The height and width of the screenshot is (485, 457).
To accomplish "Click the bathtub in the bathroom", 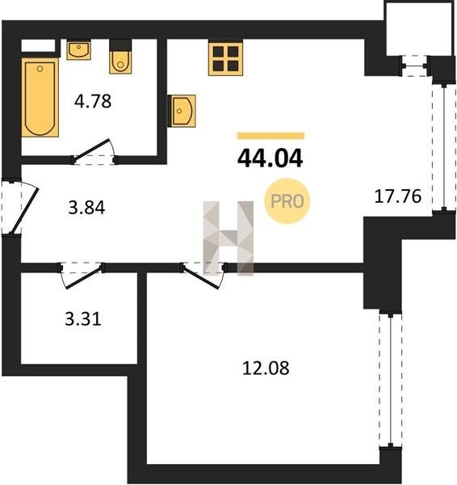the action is [40, 98].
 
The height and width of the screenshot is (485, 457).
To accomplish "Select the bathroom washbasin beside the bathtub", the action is [79, 49].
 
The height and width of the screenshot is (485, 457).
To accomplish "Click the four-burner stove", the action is [225, 58].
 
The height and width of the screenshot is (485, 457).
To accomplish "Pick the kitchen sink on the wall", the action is [182, 111].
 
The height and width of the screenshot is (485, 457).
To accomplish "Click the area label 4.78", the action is [93, 101].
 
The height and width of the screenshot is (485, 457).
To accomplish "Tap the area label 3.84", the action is [86, 208].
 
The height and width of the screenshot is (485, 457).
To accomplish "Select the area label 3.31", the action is [83, 319].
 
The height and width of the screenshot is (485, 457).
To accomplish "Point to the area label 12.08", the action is [266, 368].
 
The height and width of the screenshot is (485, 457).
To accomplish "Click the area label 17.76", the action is [398, 196].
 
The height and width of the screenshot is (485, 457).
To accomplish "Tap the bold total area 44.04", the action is [270, 158].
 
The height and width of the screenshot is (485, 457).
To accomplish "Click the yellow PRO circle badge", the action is [287, 201].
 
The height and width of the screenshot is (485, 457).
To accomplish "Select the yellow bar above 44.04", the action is [270, 136].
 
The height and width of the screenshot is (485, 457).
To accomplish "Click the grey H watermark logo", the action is [228, 238].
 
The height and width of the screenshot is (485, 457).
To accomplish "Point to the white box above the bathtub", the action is [38, 45].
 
